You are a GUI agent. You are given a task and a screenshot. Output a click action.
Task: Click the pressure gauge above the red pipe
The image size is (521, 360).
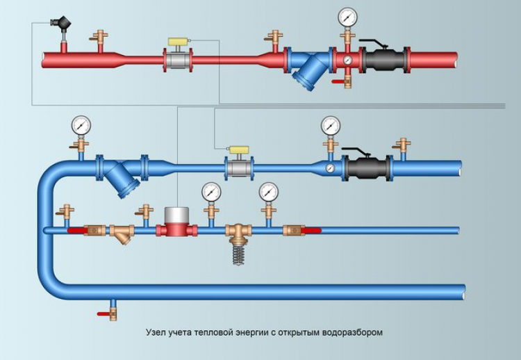(347, 16)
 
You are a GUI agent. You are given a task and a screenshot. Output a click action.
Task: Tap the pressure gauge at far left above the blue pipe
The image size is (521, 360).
(81, 125)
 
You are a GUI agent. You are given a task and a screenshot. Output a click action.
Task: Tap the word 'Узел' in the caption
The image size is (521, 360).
(156, 332)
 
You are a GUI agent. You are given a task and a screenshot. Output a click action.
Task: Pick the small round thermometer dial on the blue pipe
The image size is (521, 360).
(330, 168)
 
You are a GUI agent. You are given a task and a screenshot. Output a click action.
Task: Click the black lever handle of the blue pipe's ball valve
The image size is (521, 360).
(354, 152)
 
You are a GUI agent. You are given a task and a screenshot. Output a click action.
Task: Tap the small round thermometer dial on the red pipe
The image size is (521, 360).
(347, 60)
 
